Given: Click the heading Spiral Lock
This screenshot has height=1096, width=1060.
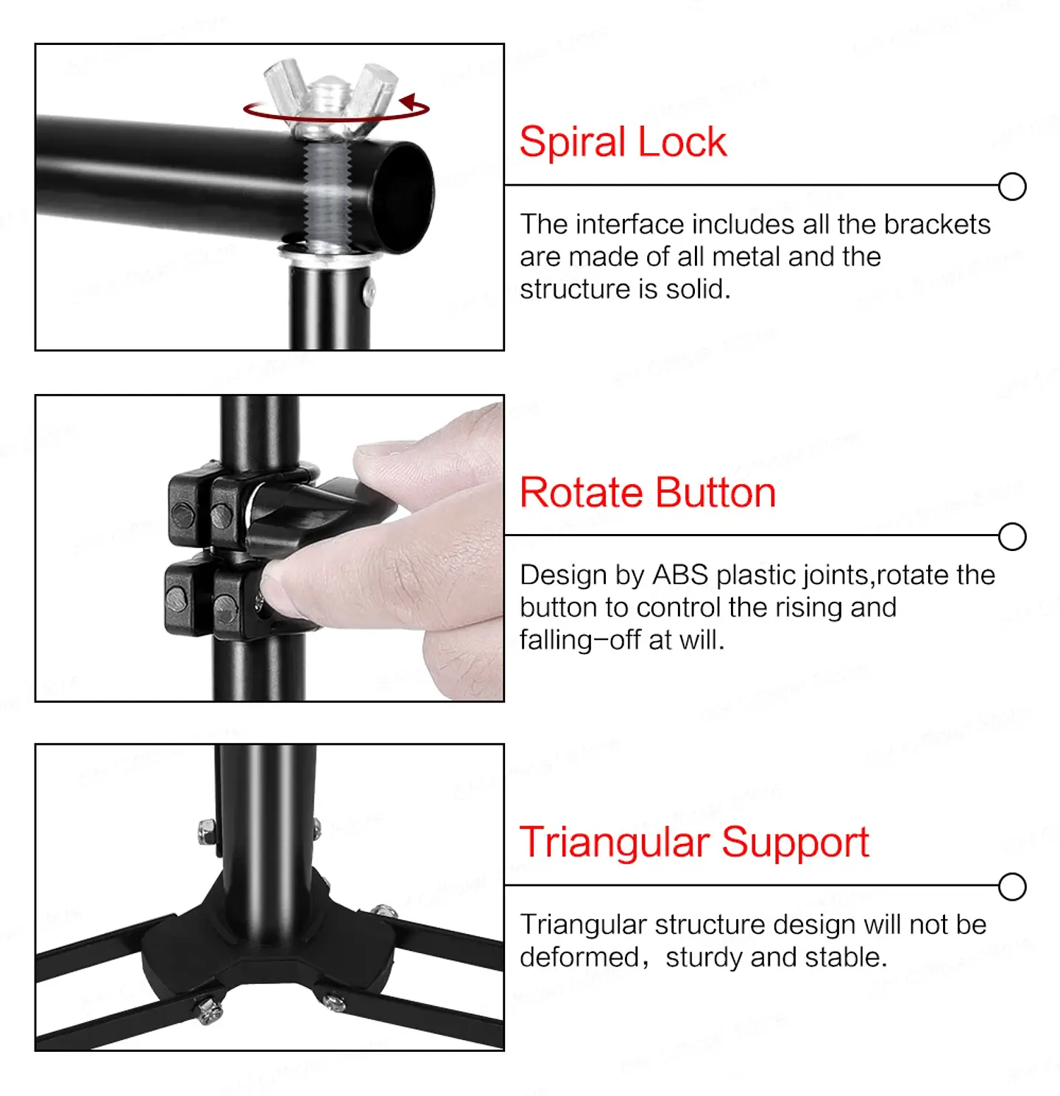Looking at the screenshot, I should coord(623,142).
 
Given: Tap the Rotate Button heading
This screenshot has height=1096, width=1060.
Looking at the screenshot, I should coord(648,493).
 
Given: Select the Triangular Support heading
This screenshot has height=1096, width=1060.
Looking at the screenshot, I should coord(694,842).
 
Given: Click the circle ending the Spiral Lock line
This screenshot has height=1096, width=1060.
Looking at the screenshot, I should coord(1012,186).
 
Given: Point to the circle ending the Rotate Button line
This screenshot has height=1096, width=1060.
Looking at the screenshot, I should coord(1012,536).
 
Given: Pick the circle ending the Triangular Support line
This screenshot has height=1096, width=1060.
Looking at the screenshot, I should coord(1012,887).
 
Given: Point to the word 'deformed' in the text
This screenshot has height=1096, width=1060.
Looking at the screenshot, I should coord(579,958).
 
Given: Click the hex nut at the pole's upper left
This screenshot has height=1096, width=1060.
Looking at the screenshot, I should coord(207,832).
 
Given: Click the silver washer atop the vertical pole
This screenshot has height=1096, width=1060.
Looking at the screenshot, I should coord(329,254).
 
